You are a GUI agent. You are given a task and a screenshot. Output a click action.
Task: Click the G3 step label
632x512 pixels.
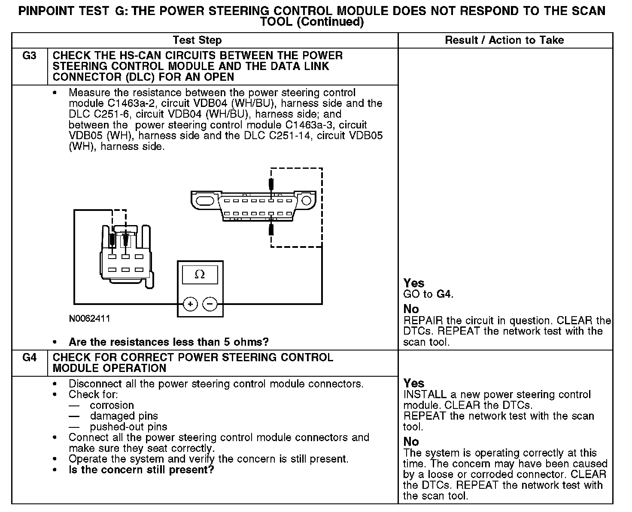pyautogui.click(x=29, y=56)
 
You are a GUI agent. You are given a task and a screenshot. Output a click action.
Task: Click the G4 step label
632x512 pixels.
pyautogui.click(x=29, y=357)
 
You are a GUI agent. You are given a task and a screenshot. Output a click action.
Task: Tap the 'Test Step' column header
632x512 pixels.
pyautogui.click(x=197, y=40)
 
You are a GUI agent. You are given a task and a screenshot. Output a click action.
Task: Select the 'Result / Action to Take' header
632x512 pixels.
pyautogui.click(x=504, y=40)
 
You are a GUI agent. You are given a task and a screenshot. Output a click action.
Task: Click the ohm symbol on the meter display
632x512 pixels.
pyautogui.click(x=200, y=274)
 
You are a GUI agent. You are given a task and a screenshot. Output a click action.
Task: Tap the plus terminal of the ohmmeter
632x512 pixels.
pyautogui.click(x=190, y=304)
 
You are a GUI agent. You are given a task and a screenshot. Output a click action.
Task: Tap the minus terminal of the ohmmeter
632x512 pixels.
pyautogui.click(x=210, y=304)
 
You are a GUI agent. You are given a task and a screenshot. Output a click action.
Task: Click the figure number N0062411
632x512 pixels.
pyautogui.click(x=89, y=319)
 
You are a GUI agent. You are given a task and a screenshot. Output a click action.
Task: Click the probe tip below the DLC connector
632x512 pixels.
pyautogui.click(x=271, y=229)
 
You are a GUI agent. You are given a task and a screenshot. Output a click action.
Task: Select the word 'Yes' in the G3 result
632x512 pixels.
pyautogui.click(x=414, y=283)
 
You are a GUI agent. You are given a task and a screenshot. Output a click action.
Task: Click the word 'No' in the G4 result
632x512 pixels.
pyautogui.click(x=411, y=442)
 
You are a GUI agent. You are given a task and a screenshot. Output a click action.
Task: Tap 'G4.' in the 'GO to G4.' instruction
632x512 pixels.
pyautogui.click(x=445, y=294)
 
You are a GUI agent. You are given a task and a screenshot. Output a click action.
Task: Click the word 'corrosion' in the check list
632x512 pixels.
pyautogui.click(x=112, y=405)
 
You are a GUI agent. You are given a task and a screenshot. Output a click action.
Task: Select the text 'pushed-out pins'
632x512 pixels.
pyautogui.click(x=128, y=427)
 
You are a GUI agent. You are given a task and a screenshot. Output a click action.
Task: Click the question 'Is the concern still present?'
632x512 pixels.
pyautogui.click(x=141, y=470)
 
